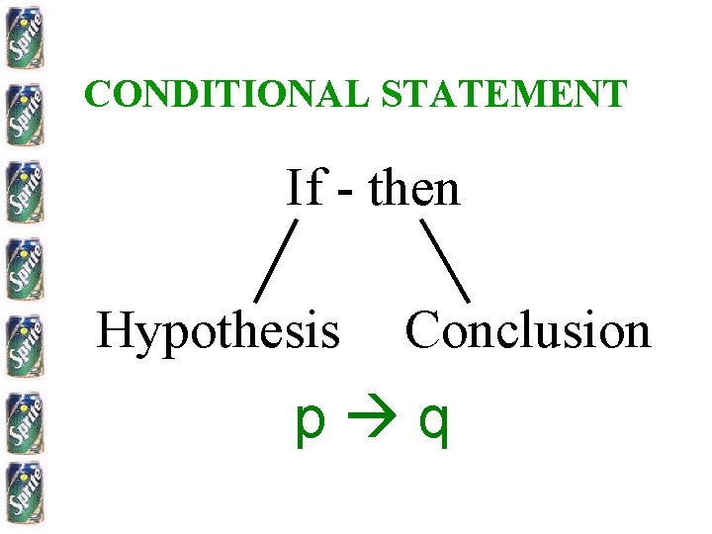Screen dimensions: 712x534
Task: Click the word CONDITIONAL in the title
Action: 227,94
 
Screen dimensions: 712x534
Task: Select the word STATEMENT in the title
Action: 503,94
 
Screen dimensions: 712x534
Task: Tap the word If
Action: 304,187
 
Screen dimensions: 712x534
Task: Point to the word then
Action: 414,187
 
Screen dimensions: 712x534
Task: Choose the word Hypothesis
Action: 218,331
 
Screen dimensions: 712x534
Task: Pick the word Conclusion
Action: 528,330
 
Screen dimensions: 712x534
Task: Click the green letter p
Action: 310,423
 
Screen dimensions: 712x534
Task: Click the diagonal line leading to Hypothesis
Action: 277,260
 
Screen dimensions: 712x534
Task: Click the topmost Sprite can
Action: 22,37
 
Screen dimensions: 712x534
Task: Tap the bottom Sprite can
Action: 22,493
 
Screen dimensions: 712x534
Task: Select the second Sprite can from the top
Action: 22,111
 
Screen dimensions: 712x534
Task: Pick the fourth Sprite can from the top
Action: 22,265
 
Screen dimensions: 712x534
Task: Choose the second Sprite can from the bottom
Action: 22,419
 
